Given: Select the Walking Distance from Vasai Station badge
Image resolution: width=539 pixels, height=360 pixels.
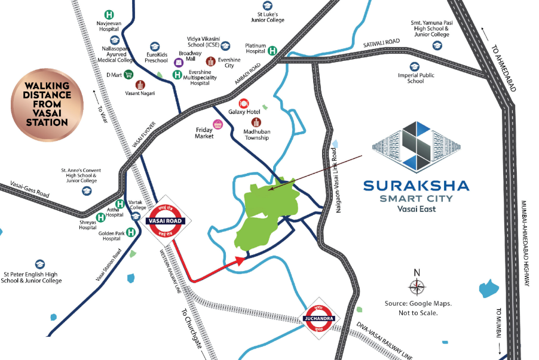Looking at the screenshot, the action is pos(47,106).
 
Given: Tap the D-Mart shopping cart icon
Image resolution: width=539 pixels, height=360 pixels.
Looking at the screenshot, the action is pos(128,75).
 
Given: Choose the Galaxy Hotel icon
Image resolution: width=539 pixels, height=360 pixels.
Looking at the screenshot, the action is pos(244,103).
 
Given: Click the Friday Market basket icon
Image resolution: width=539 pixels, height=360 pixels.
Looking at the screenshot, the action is pos(218,124).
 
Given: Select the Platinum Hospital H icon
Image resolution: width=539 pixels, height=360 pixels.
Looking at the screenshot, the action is pos(272,51).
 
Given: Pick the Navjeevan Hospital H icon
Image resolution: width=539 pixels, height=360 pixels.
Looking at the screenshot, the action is pos(109,14).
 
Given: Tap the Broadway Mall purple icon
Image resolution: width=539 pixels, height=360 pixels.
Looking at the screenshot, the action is pos(178,62).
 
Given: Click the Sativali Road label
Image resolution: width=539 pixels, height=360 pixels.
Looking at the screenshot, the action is pos(381,45).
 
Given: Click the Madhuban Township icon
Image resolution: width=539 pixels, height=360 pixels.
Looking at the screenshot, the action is pos(256,122).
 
